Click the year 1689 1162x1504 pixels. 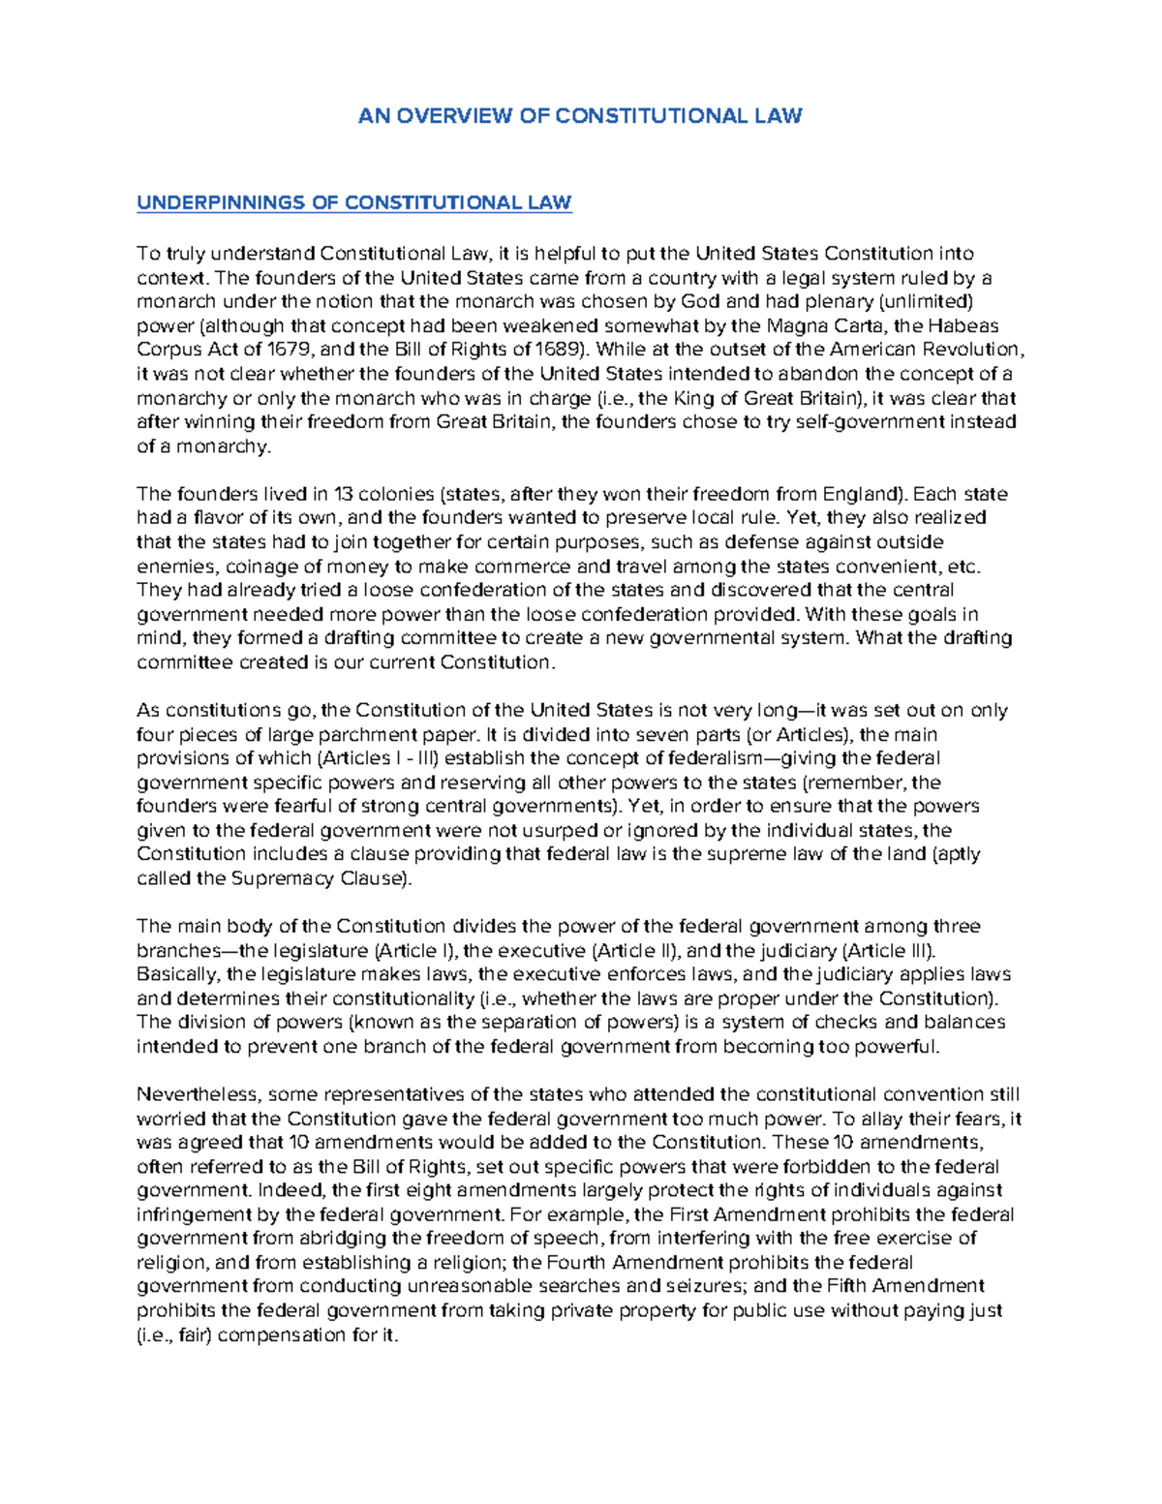tap(558, 350)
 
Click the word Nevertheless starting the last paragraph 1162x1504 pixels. tap(198, 1094)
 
